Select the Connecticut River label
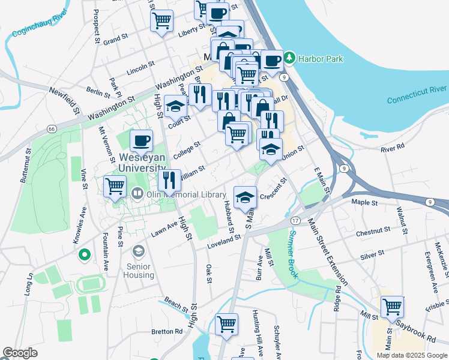[417, 94]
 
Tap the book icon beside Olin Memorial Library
[137, 194]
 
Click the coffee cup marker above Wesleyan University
[141, 140]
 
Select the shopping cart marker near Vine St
[115, 185]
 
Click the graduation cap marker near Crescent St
[244, 197]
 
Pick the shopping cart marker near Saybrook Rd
[392, 306]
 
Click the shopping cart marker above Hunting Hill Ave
[226, 324]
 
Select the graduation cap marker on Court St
[175, 106]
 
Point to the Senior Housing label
[139, 270]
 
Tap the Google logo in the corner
[20, 353]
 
